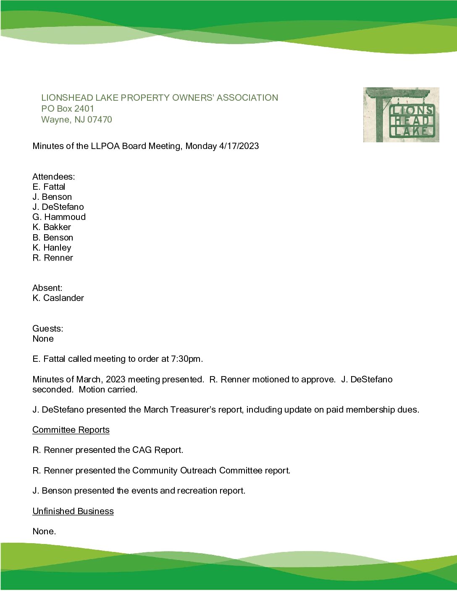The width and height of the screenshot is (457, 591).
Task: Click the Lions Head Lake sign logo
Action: pos(401,115)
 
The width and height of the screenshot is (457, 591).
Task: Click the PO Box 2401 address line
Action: pos(68,109)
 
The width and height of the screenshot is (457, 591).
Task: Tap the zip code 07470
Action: pos(100,120)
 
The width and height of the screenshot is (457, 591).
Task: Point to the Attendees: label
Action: pos(53,177)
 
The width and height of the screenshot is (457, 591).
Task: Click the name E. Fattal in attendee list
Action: pos(49,187)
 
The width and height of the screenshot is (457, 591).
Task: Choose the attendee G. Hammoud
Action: pos(59,217)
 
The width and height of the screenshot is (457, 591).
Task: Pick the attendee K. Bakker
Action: pos(52,227)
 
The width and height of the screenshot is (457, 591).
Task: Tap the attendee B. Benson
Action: pos(53,238)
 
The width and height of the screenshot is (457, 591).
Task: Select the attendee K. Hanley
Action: pos(52,248)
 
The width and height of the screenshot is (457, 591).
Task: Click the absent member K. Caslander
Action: pos(58,298)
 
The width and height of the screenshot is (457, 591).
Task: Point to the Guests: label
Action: pos(47,329)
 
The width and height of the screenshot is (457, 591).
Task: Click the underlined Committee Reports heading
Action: pos(71,430)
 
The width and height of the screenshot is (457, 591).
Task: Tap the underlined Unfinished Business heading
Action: pos(73,511)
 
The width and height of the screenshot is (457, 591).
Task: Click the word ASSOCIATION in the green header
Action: pos(247,98)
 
